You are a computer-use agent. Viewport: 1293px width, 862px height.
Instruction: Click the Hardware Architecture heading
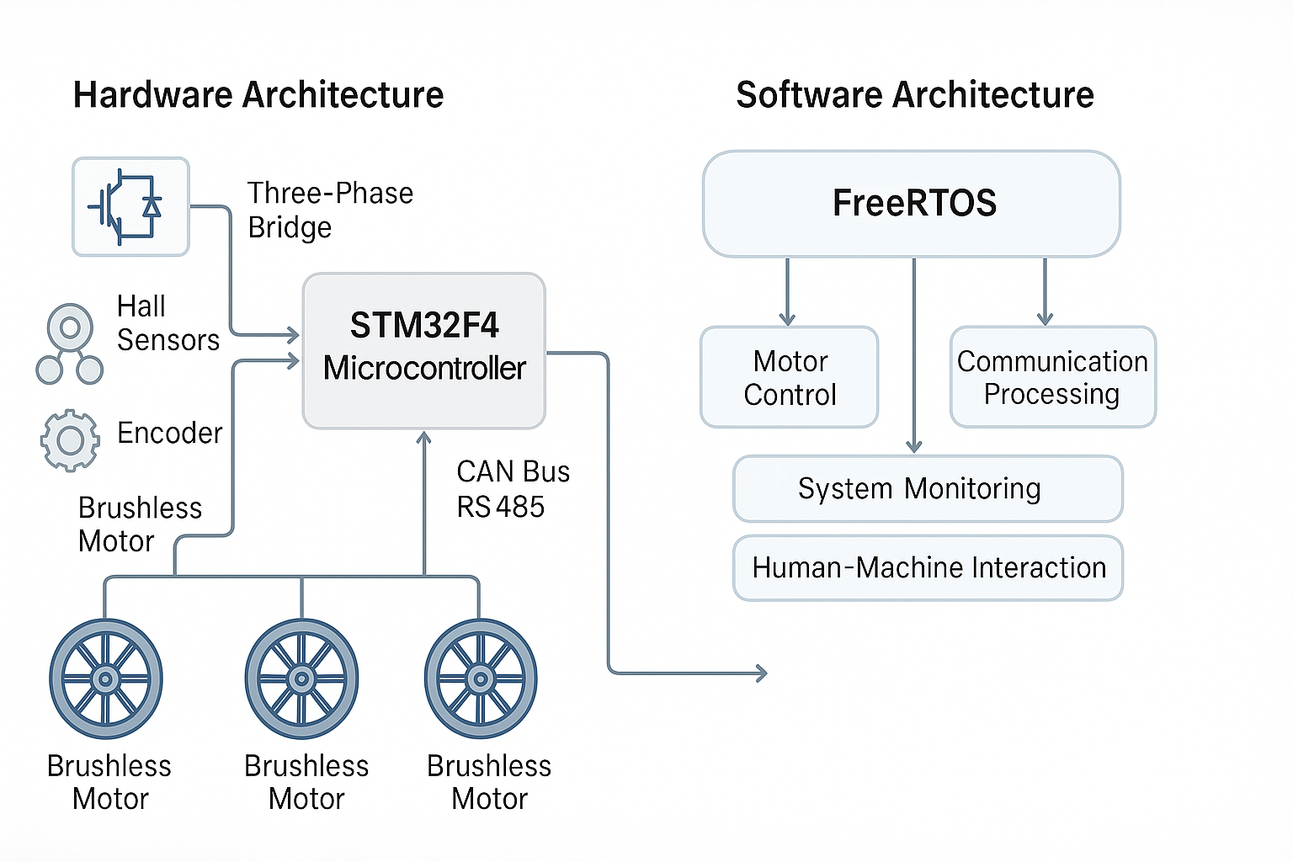tap(258, 95)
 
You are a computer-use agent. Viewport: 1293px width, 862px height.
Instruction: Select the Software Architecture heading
tap(914, 95)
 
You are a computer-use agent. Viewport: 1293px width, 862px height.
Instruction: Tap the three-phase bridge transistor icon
tap(130, 206)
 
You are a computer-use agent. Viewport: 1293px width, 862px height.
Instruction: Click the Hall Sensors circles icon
tap(70, 344)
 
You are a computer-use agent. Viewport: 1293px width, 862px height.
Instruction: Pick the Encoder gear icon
tap(70, 439)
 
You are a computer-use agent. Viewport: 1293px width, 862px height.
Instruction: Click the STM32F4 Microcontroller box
tap(424, 350)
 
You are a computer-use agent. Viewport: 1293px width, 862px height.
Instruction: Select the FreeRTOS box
tap(912, 204)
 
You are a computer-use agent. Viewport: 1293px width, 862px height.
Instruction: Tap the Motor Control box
tap(790, 377)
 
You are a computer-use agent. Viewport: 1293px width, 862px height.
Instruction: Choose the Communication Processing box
tap(1052, 377)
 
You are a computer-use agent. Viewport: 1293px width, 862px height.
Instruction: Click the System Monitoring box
tap(928, 489)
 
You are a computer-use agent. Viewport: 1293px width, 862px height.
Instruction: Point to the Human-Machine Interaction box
tap(928, 568)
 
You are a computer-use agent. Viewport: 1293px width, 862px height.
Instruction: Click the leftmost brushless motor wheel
tap(106, 678)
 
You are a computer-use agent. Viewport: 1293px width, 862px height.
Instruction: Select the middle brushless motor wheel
tap(301, 678)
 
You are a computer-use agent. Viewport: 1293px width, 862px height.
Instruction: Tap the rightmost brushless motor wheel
tap(481, 678)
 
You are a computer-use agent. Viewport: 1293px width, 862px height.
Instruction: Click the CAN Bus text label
tap(513, 471)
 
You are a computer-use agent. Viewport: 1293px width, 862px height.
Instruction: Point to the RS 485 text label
tap(500, 507)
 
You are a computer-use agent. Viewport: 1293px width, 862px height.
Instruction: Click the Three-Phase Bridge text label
tap(329, 210)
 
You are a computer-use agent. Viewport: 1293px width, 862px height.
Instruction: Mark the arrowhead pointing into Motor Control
tap(787, 319)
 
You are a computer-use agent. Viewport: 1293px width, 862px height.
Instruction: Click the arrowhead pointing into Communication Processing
tap(1045, 319)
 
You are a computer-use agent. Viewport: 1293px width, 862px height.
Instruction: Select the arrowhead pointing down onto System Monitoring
tap(914, 446)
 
